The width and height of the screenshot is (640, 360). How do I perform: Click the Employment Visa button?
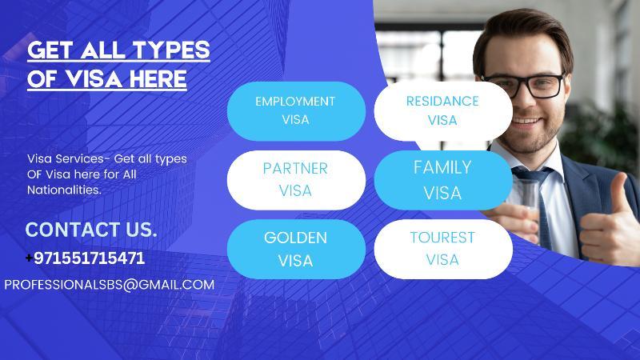click(296, 111)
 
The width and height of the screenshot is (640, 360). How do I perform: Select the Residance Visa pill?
click(443, 111)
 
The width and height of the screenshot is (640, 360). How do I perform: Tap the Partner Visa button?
click(296, 180)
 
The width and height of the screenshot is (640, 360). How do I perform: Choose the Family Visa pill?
click(443, 180)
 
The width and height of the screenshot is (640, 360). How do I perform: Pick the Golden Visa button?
click(296, 249)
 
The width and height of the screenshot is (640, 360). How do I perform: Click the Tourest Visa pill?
click(443, 249)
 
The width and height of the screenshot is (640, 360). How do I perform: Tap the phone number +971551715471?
click(86, 258)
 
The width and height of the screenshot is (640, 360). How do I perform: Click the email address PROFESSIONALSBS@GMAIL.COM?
click(110, 285)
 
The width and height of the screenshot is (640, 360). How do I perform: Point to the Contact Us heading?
click(91, 230)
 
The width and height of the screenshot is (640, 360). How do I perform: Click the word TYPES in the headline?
click(171, 50)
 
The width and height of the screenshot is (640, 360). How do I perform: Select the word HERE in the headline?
click(158, 78)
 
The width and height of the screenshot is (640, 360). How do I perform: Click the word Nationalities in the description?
click(64, 190)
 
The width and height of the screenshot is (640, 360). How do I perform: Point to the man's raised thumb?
click(619, 192)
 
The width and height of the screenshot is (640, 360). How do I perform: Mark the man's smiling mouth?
click(526, 121)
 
